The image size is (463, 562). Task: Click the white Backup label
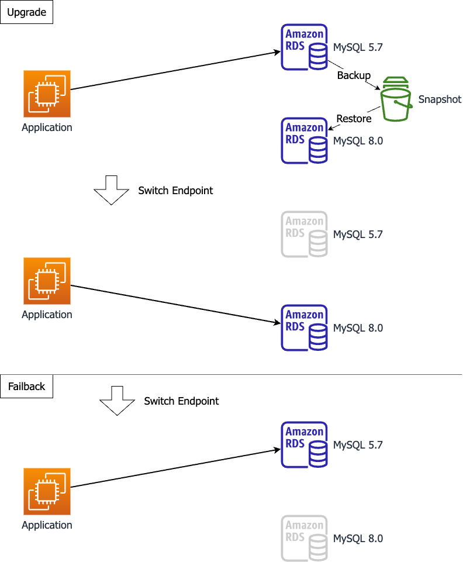tap(354, 75)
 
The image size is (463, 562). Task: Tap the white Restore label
tap(354, 119)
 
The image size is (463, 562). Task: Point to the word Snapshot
tap(440, 99)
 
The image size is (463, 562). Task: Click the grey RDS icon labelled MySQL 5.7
tap(304, 235)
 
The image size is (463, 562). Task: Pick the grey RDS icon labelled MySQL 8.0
tap(304, 538)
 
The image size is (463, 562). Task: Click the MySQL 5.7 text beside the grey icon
tap(358, 235)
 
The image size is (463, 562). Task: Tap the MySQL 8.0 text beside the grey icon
tap(358, 539)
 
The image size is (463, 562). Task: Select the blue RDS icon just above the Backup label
tap(304, 47)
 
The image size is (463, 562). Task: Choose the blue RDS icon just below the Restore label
tap(304, 141)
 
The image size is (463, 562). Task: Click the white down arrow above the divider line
tap(111, 189)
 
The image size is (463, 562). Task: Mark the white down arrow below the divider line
tap(118, 401)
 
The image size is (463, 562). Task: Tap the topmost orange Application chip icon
tap(47, 94)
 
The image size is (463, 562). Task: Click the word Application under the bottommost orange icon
tap(47, 525)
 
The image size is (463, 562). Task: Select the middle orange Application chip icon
tap(47, 281)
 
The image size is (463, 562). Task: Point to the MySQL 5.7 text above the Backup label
tap(358, 47)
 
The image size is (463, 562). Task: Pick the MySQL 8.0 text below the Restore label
tap(358, 141)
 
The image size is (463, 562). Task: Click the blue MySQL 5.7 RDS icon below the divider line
tap(304, 445)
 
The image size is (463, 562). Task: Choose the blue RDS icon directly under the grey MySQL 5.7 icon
tap(304, 328)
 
